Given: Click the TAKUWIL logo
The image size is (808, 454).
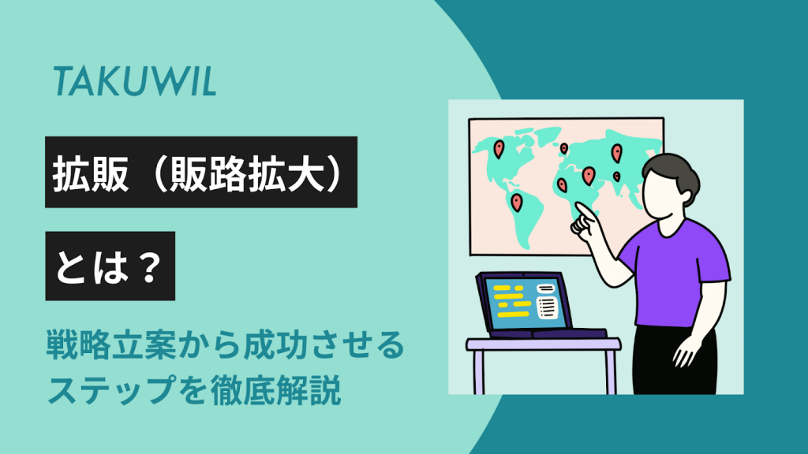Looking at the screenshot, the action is pyautogui.click(x=134, y=81).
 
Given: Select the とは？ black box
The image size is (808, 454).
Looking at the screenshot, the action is pyautogui.click(x=110, y=266).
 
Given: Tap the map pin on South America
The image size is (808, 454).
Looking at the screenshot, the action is pyautogui.click(x=516, y=203).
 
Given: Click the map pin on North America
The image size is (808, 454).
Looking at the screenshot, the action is pyautogui.click(x=499, y=149).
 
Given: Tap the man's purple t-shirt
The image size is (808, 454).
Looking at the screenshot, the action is pyautogui.click(x=676, y=273).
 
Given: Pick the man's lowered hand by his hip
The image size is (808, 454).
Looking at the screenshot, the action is pyautogui.click(x=687, y=352).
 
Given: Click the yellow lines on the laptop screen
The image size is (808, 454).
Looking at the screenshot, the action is pyautogui.click(x=511, y=300).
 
